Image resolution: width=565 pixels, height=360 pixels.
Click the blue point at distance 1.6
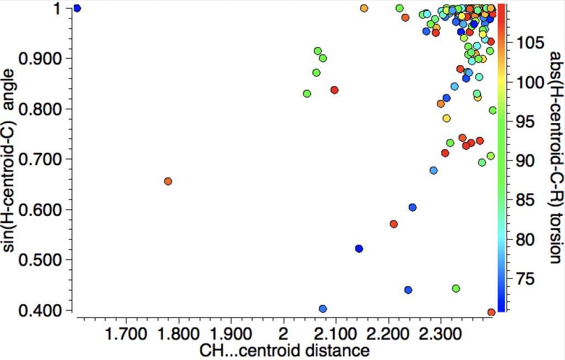click(77, 8)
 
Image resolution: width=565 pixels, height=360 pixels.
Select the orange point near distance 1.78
click(168, 181)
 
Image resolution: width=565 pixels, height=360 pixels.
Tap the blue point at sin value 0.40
click(323, 309)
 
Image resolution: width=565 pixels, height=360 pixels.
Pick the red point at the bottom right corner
click(491, 313)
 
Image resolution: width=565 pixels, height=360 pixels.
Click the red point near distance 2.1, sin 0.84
click(334, 90)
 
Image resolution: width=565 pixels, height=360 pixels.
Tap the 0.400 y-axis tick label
click(41, 311)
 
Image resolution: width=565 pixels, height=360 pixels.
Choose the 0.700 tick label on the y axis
click(41, 160)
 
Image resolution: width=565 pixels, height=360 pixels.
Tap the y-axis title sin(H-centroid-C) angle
click(10, 160)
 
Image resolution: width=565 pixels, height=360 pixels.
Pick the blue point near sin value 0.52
click(359, 248)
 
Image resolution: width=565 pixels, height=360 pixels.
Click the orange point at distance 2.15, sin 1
click(364, 8)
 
